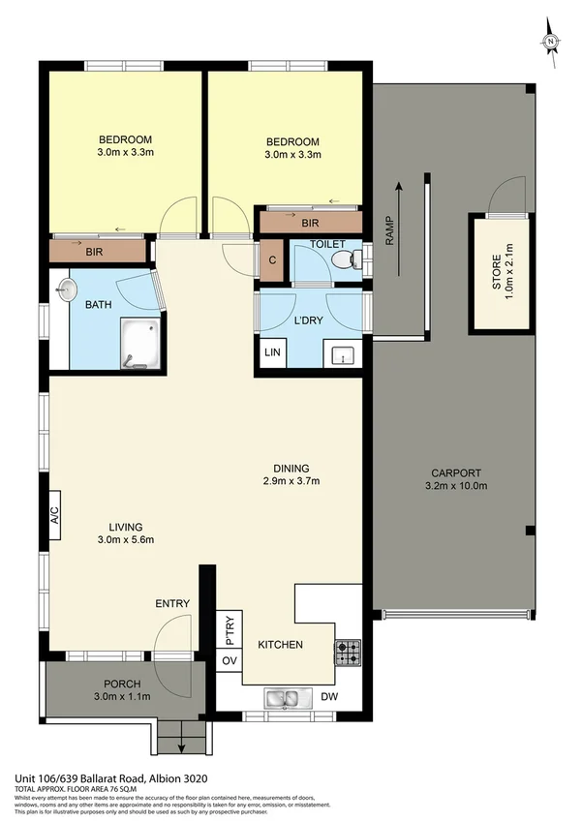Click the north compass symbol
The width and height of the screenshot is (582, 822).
[550, 41]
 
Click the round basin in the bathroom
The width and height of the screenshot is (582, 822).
[66, 289]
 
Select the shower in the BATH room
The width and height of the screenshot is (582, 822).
[139, 346]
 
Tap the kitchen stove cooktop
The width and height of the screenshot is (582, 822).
[347, 654]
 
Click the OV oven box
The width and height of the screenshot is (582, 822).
[230, 660]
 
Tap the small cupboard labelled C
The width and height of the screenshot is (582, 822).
[272, 259]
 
